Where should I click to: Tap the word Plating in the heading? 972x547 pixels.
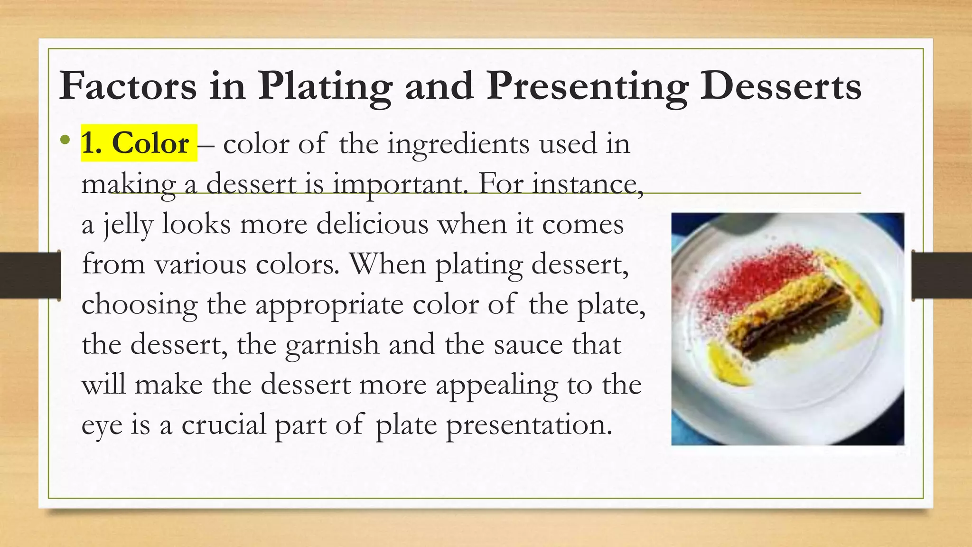click(x=325, y=86)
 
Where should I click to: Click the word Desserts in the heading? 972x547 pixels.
click(x=781, y=86)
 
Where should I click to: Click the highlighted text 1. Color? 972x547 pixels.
click(x=139, y=143)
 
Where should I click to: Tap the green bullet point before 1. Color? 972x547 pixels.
click(x=65, y=141)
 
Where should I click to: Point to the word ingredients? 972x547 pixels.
click(x=458, y=144)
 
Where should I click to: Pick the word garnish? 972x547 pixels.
click(x=332, y=345)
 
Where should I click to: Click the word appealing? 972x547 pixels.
click(x=496, y=385)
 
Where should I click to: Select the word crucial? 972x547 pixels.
click(x=224, y=424)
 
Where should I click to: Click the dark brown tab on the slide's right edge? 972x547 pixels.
click(x=942, y=276)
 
